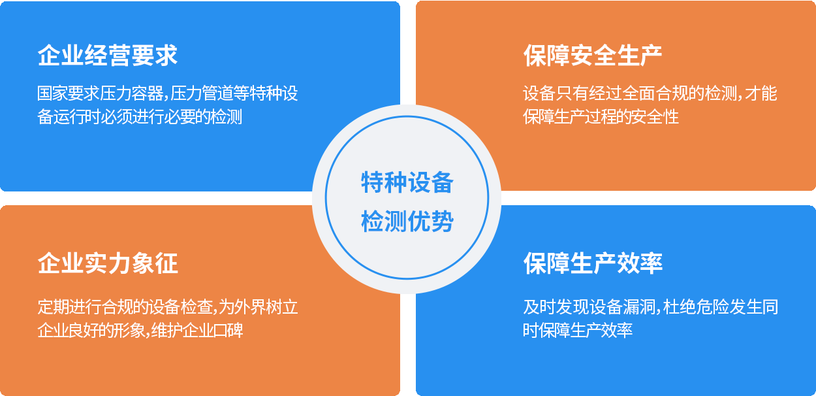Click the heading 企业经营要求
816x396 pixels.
[x=108, y=56]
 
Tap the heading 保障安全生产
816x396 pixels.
[x=593, y=56]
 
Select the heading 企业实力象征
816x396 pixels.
[x=108, y=263]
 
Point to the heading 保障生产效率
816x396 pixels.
[x=593, y=263]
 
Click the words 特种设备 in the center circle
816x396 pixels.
[x=407, y=182]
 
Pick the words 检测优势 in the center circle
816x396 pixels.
[x=407, y=221]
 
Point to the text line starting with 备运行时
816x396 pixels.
[x=140, y=117]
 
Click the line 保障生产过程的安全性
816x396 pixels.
[x=601, y=117]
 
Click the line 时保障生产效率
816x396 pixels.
[x=578, y=331]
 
